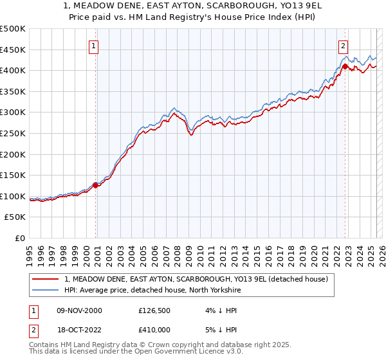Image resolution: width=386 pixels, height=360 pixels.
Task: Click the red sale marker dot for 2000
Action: coord(96,185)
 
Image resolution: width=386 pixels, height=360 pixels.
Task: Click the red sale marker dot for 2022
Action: coord(345,66)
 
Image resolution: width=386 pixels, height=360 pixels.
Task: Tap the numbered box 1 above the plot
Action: coord(94,46)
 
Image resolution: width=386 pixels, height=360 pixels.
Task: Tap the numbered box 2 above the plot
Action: coord(344,46)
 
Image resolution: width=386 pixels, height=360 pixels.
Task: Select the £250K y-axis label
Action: coord(13,133)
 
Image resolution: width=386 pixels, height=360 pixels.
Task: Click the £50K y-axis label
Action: coord(15,217)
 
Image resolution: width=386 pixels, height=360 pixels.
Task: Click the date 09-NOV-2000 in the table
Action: coord(79,310)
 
